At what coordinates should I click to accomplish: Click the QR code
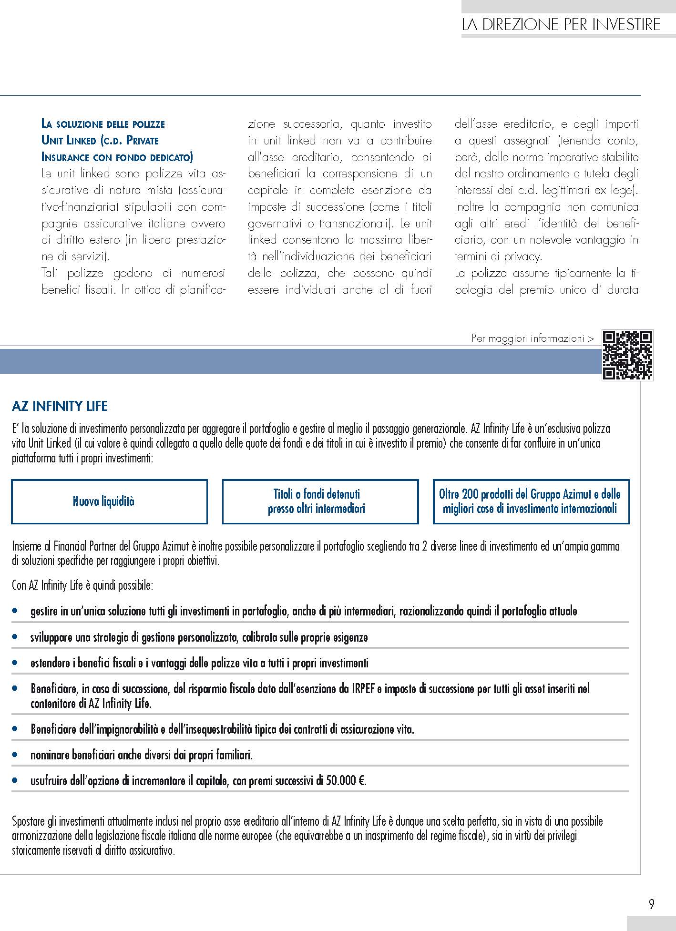[627, 355]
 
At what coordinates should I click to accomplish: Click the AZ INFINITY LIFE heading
[60, 406]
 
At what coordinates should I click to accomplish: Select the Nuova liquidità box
[109, 501]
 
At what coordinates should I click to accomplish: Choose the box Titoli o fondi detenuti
[320, 501]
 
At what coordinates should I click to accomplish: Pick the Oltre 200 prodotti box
[531, 501]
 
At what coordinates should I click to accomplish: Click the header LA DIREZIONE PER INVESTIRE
[561, 25]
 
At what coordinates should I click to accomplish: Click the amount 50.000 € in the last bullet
[345, 780]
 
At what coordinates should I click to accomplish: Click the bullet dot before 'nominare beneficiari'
[15, 755]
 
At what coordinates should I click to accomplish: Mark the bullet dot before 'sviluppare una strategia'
[15, 637]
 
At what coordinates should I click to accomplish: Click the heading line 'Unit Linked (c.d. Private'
[100, 141]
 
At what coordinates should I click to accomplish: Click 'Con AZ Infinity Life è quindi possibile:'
[82, 585]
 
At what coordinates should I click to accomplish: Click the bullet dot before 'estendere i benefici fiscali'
[15, 663]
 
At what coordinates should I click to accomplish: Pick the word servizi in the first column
[89, 257]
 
